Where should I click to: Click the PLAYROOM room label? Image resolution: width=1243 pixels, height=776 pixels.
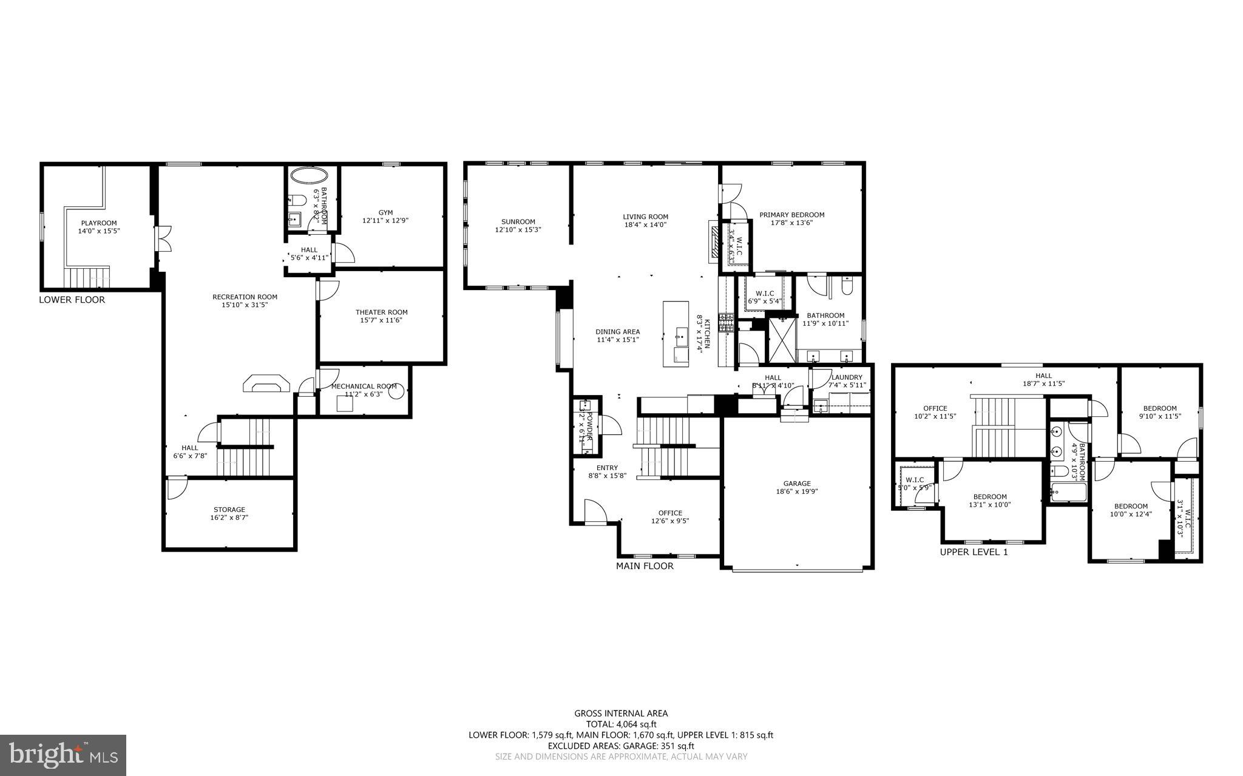click(99, 223)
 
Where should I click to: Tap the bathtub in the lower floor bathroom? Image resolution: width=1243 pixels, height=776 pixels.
click(308, 175)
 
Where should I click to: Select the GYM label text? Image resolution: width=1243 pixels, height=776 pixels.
click(385, 212)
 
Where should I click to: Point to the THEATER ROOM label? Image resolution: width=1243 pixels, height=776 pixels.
click(381, 312)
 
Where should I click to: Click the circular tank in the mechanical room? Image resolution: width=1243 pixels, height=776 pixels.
click(396, 392)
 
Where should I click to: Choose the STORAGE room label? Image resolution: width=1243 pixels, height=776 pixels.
click(229, 510)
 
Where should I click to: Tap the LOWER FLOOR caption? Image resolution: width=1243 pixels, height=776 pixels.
click(72, 300)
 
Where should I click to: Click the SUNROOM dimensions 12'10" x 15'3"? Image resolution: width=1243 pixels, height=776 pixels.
click(518, 230)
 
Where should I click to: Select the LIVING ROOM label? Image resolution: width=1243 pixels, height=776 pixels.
click(645, 217)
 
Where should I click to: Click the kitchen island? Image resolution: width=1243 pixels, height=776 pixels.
click(676, 334)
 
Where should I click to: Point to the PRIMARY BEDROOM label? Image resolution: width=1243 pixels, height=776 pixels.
click(791, 215)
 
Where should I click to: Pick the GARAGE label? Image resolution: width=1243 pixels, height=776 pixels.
click(796, 484)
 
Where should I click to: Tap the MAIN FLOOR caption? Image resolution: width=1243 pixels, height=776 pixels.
click(645, 566)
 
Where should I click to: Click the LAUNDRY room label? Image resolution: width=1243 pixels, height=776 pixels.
click(846, 377)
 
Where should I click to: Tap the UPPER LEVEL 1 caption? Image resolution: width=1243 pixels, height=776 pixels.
click(974, 552)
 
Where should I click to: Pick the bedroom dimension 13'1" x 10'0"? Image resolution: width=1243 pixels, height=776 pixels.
click(989, 505)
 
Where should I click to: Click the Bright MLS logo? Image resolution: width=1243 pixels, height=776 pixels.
click(63, 755)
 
